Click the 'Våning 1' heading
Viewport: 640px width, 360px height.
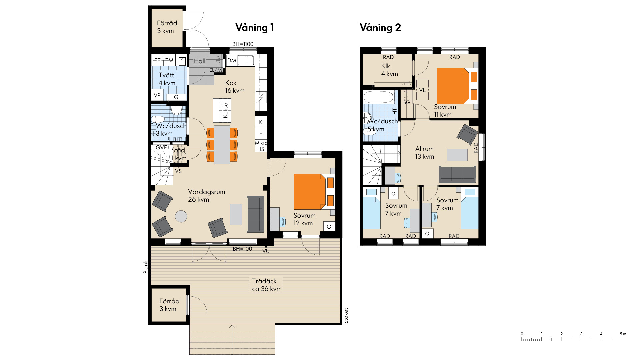click(x=255, y=27)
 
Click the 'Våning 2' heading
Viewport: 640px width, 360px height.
click(x=380, y=27)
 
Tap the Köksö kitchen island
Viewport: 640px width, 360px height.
click(x=222, y=110)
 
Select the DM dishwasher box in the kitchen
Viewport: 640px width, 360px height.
click(x=232, y=61)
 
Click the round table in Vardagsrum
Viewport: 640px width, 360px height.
click(x=181, y=216)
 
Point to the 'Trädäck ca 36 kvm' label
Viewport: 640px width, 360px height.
click(x=267, y=285)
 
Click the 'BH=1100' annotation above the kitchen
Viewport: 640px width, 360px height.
click(x=243, y=44)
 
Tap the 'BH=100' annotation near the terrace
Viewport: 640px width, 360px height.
click(x=242, y=249)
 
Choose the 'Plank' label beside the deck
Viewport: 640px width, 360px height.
click(x=145, y=267)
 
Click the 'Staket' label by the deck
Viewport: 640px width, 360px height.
click(x=346, y=316)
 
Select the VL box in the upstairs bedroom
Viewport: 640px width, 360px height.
click(x=422, y=90)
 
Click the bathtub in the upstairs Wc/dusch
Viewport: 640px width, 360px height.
click(x=378, y=97)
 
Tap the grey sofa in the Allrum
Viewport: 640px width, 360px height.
click(x=457, y=174)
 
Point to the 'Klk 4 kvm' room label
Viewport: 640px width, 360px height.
click(x=389, y=70)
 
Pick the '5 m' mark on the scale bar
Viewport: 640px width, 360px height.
click(x=623, y=334)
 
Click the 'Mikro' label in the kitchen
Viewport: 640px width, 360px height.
click(x=261, y=143)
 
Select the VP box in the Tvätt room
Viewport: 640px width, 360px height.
click(x=157, y=95)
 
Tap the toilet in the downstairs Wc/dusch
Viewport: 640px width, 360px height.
click(x=158, y=119)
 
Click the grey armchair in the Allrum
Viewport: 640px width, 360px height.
click(x=467, y=133)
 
